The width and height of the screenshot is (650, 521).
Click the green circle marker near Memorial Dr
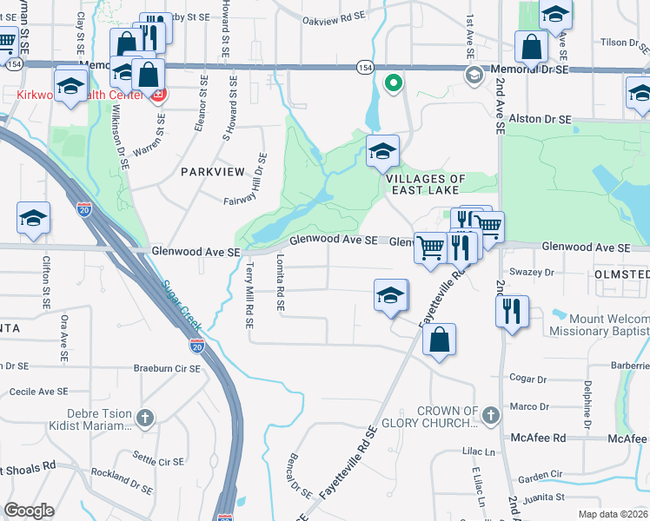(393, 83)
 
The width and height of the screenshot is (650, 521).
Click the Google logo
(29, 511)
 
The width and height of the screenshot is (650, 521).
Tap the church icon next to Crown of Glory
(491, 416)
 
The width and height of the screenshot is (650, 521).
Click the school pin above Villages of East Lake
(381, 152)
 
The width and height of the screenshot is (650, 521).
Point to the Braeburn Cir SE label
(167, 368)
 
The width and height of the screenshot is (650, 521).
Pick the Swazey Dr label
(531, 272)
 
